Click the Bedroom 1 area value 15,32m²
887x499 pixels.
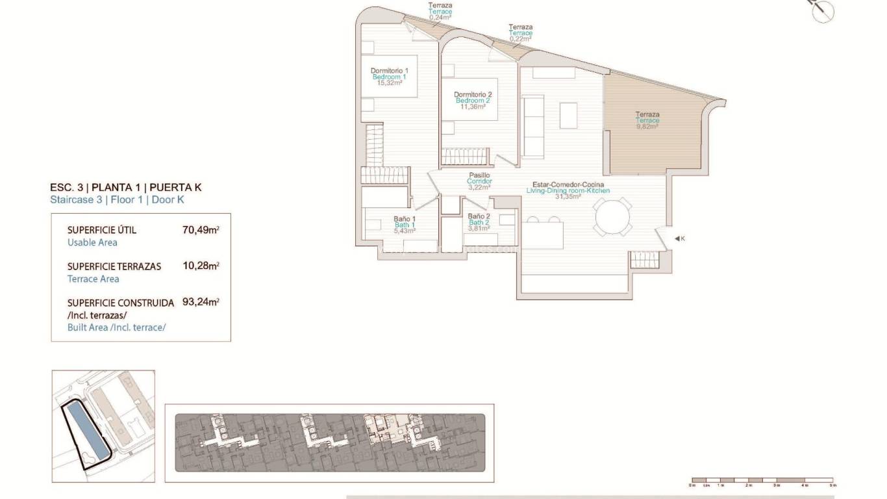click(x=388, y=83)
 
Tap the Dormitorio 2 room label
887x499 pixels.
click(x=473, y=95)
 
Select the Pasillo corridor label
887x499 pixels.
click(x=479, y=175)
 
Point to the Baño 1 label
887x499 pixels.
click(x=405, y=219)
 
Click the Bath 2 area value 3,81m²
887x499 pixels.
click(x=479, y=229)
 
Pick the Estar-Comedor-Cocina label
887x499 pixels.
click(x=568, y=185)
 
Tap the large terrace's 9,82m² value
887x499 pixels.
click(x=647, y=127)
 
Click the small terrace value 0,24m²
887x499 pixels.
click(x=440, y=18)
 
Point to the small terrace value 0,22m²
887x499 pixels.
click(x=521, y=39)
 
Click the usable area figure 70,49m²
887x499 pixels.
click(x=201, y=230)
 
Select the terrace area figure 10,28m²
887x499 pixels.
click(x=201, y=266)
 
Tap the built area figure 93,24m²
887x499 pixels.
click(x=201, y=303)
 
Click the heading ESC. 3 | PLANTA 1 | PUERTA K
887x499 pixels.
click(x=126, y=187)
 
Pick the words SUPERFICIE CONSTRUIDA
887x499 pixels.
click(x=121, y=303)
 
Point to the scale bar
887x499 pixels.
click(x=763, y=481)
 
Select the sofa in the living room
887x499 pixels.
click(x=533, y=127)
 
